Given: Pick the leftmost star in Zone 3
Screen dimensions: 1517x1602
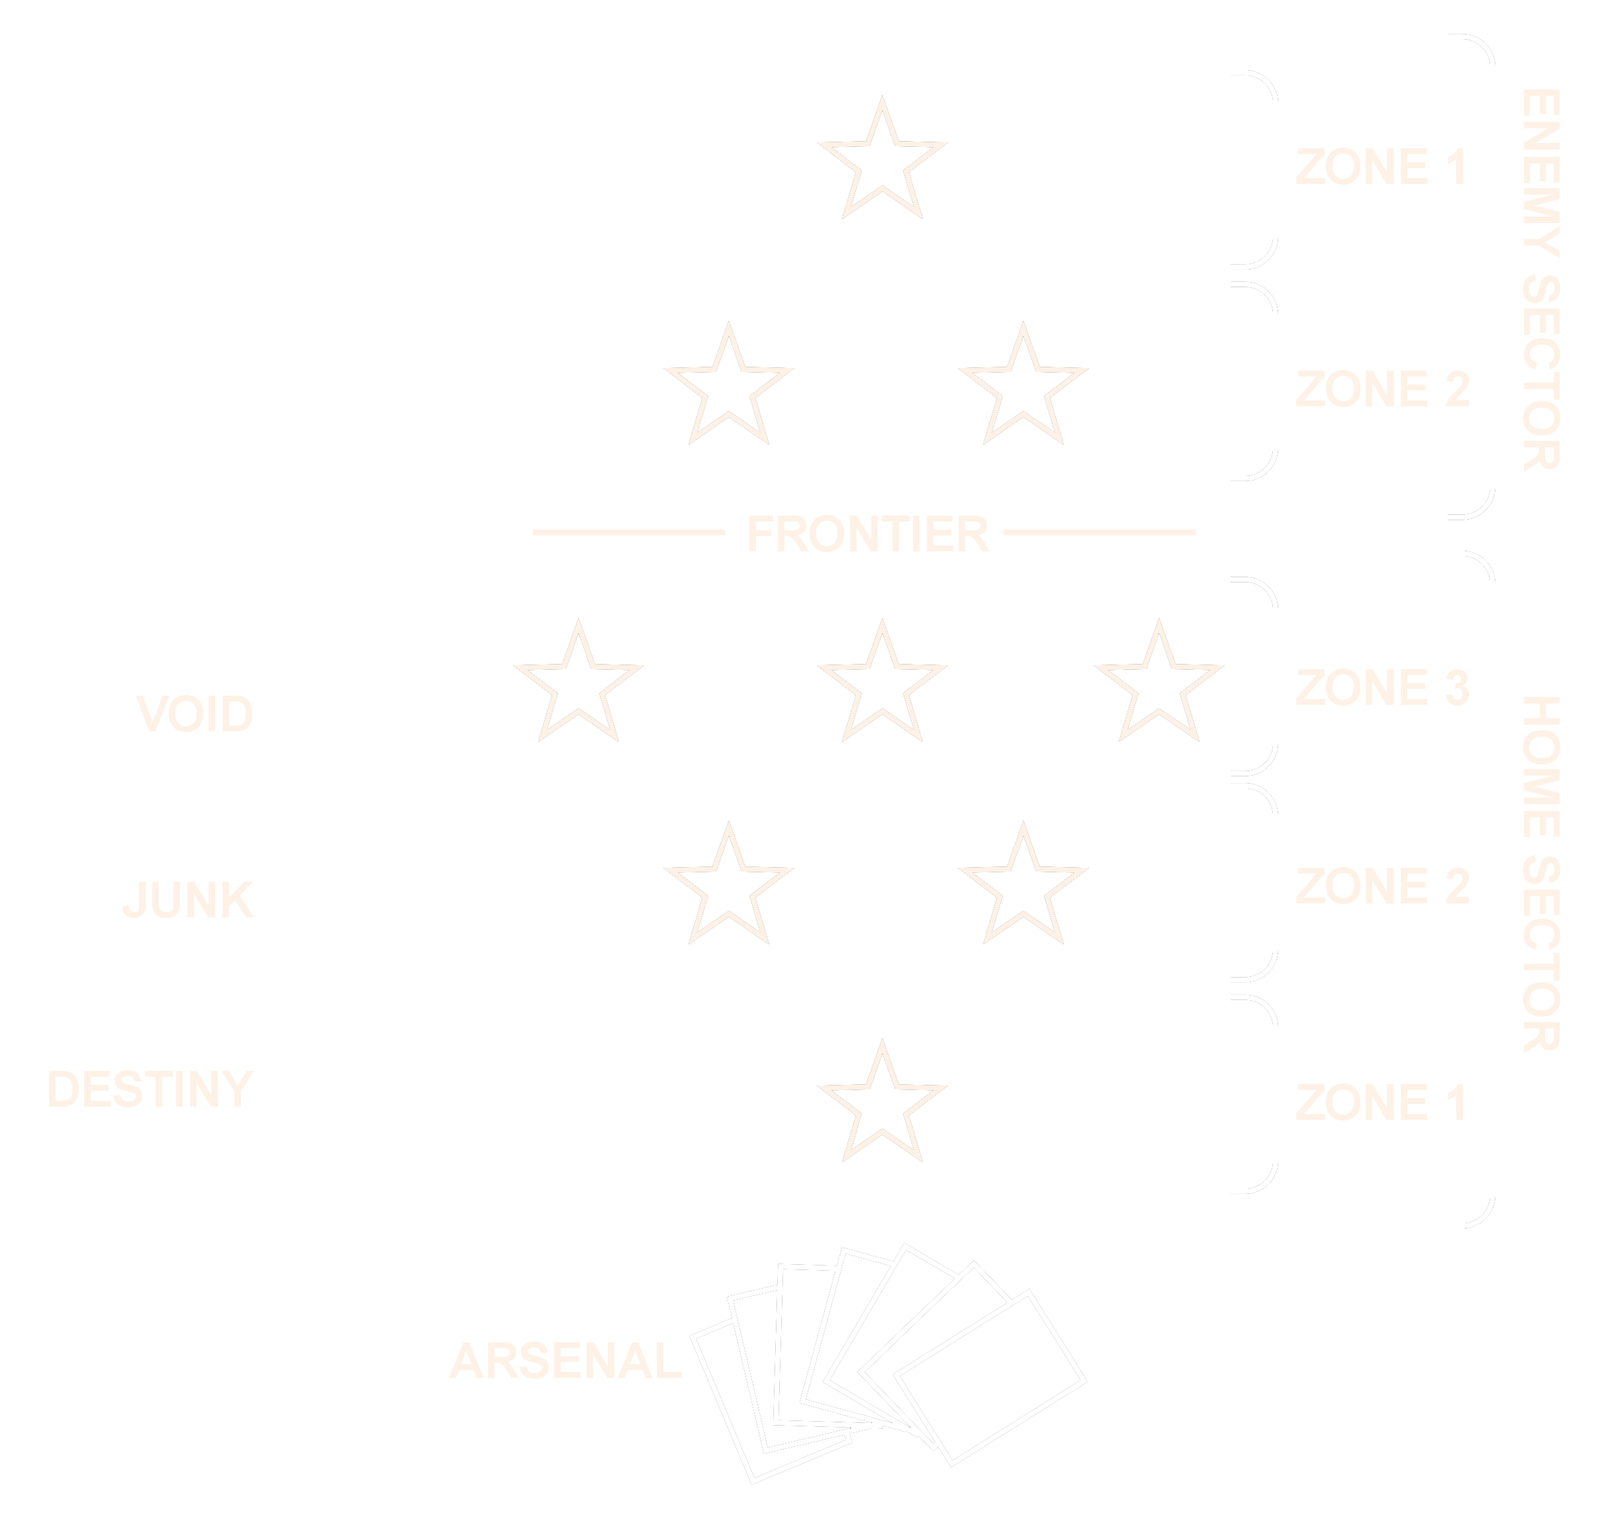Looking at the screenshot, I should coord(578,686).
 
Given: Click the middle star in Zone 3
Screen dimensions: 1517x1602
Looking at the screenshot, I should coord(882,686).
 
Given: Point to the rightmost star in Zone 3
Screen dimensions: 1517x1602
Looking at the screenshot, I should coord(1159,686).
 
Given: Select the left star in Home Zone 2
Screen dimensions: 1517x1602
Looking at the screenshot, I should coord(729,889).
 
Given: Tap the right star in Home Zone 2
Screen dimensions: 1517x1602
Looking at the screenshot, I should coord(1023,889).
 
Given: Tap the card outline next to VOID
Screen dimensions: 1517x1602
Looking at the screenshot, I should coord(332,713).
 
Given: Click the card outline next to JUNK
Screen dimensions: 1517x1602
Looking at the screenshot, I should coord(332,897).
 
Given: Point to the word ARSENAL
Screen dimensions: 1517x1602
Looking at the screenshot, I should coord(565,1361).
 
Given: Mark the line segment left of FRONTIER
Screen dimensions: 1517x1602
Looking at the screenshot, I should coord(628,533).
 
